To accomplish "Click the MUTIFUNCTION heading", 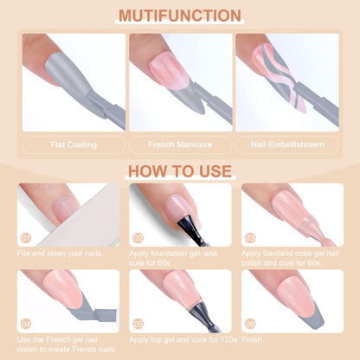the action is point(180,16).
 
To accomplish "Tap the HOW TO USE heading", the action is point(180,171).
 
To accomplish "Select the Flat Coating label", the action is point(74,145).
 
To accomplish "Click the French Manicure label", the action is point(180,145).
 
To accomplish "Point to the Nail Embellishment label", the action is point(287,145).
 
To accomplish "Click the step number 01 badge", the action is point(26,238).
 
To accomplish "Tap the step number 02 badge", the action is point(138,238).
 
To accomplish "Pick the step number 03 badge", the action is point(250,238).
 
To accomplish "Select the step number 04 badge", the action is point(26,324).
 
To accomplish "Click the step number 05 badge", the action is point(138,324).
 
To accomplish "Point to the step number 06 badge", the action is point(250,324).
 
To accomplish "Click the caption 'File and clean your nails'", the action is point(60,254).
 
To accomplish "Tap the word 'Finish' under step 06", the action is point(252,339).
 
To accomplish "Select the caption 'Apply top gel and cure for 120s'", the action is point(183,340).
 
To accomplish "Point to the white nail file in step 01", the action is point(84,219).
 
